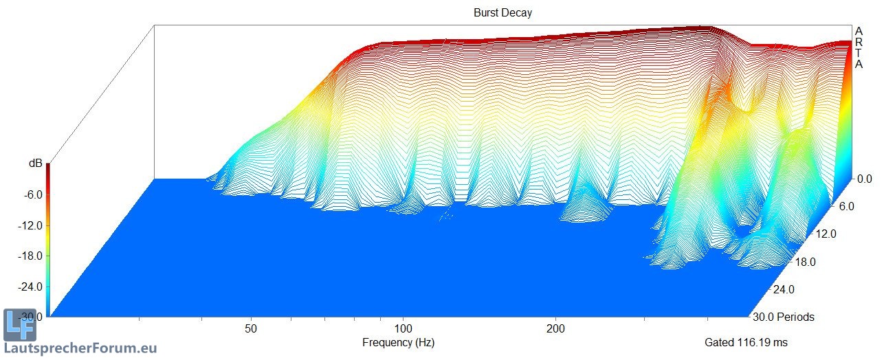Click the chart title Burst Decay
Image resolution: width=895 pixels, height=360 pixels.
click(x=502, y=12)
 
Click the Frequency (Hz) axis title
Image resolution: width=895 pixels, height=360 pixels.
click(x=398, y=342)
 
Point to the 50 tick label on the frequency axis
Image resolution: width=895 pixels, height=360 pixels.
click(x=251, y=329)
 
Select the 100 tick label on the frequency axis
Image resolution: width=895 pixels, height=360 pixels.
click(x=404, y=329)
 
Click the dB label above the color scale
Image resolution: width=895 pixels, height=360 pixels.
click(x=34, y=164)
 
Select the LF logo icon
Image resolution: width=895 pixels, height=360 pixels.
click(x=19, y=325)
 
